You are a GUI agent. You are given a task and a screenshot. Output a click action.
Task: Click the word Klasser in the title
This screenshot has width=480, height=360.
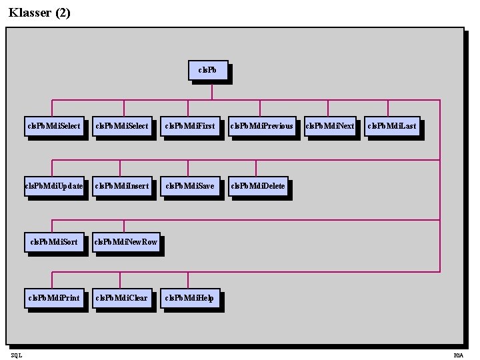pyautogui.click(x=30, y=12)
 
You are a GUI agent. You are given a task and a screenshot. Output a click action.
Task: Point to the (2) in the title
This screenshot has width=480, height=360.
pyautogui.click(x=62, y=12)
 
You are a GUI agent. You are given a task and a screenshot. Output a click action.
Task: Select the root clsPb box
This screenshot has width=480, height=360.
pyautogui.click(x=207, y=71)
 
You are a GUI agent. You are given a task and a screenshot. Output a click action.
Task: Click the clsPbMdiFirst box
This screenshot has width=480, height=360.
pyautogui.click(x=189, y=125)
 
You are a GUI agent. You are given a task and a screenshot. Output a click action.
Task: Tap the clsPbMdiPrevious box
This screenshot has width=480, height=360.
pyautogui.click(x=261, y=125)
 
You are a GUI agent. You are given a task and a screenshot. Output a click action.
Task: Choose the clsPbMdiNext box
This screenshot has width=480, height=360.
pyautogui.click(x=329, y=125)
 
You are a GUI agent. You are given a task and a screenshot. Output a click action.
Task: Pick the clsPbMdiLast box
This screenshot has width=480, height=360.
pyautogui.click(x=391, y=125)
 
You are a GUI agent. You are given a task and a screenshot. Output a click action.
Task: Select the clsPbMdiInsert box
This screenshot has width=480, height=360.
pyautogui.click(x=122, y=186)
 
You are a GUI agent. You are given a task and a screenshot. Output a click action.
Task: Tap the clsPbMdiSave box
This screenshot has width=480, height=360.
pyautogui.click(x=189, y=186)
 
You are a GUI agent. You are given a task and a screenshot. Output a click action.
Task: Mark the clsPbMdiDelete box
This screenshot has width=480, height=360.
pyautogui.click(x=257, y=186)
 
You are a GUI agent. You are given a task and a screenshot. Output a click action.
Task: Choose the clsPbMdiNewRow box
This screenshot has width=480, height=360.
pyautogui.click(x=125, y=241)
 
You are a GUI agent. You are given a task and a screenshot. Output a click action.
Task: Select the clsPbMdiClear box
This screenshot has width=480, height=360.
pyautogui.click(x=121, y=297)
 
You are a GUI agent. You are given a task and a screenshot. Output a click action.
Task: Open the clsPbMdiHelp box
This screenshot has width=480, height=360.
pyautogui.click(x=189, y=297)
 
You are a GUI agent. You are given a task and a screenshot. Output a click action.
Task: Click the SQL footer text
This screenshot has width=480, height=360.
pyautogui.click(x=17, y=355)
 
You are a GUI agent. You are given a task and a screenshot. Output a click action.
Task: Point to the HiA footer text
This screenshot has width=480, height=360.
pyautogui.click(x=458, y=355)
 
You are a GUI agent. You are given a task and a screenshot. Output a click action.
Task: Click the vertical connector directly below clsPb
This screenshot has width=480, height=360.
pyautogui.click(x=208, y=91)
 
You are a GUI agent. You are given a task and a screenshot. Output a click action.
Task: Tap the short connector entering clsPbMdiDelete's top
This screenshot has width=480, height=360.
pyautogui.click(x=256, y=168)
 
